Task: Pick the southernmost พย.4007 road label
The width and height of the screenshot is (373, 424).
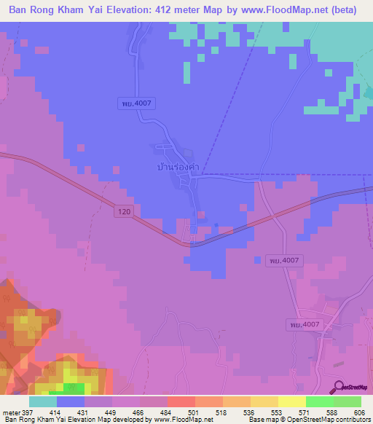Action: (304, 323)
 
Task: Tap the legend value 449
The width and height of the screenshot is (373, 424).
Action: (109, 413)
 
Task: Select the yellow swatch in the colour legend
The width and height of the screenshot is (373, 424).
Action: (292, 401)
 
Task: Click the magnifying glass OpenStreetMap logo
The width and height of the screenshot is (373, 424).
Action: (339, 386)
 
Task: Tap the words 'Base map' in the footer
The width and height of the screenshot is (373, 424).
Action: (262, 420)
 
